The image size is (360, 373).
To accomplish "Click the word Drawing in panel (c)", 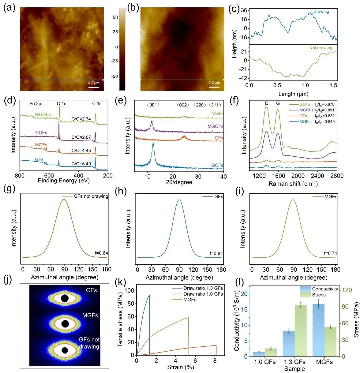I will (x=321, y=11).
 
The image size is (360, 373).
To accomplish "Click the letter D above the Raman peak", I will (x=266, y=104).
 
